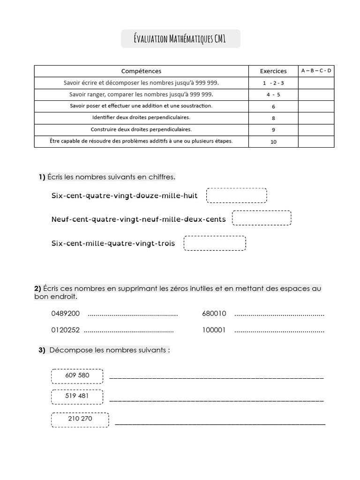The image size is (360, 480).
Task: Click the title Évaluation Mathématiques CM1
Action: pyautogui.click(x=180, y=39)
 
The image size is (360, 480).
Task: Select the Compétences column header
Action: pyautogui.click(x=141, y=71)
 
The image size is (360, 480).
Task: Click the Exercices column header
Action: pyautogui.click(x=273, y=71)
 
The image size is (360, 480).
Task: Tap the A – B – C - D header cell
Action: pyautogui.click(x=316, y=71)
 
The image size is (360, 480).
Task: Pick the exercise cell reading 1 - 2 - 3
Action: pyautogui.click(x=273, y=83)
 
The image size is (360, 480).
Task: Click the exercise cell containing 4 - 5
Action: pyautogui.click(x=273, y=95)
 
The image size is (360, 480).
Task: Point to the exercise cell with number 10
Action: pyautogui.click(x=273, y=142)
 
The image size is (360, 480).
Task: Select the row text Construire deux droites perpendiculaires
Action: pyautogui.click(x=141, y=129)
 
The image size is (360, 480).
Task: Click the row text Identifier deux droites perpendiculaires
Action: pyautogui.click(x=141, y=118)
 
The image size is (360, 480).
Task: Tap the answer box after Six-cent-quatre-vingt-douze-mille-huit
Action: pyautogui.click(x=236, y=195)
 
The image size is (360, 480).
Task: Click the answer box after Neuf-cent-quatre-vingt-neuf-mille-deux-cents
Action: pyautogui.click(x=262, y=218)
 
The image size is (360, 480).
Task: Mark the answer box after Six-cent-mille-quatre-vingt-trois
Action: pyautogui.click(x=215, y=243)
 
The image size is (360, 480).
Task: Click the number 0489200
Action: pyautogui.click(x=65, y=314)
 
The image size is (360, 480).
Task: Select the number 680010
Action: pyautogui.click(x=214, y=314)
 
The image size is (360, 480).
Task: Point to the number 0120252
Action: pyautogui.click(x=65, y=330)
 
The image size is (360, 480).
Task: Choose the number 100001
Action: pyautogui.click(x=214, y=330)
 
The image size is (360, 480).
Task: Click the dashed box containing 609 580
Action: pyautogui.click(x=77, y=376)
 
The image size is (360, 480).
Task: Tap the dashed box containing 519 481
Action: pyautogui.click(x=77, y=396)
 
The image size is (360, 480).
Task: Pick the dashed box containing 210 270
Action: pyautogui.click(x=80, y=419)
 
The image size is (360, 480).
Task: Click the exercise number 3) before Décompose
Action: pyautogui.click(x=42, y=350)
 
